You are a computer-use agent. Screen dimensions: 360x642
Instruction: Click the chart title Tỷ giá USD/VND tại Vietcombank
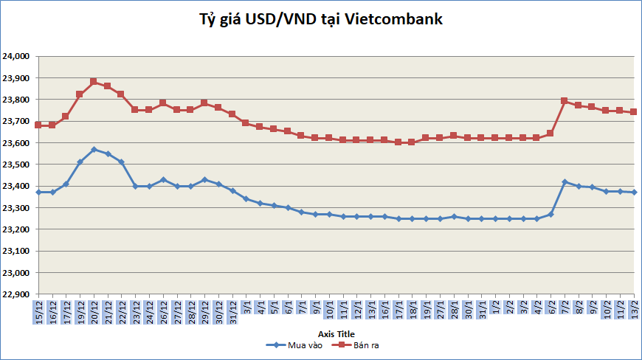click(321, 20)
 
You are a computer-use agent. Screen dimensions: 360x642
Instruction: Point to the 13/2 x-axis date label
click(633, 311)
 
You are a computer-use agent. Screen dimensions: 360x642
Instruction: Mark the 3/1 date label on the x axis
click(246, 313)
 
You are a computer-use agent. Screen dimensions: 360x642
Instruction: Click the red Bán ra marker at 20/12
click(94, 82)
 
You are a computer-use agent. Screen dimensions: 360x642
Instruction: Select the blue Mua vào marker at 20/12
click(94, 150)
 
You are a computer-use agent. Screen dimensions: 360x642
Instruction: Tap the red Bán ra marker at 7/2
click(565, 101)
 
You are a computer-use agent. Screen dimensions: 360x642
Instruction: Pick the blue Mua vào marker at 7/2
click(565, 181)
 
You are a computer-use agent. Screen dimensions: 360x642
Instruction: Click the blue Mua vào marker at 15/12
click(38, 193)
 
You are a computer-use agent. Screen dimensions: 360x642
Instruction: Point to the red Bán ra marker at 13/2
click(633, 112)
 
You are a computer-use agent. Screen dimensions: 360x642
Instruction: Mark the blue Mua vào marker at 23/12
click(135, 187)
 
